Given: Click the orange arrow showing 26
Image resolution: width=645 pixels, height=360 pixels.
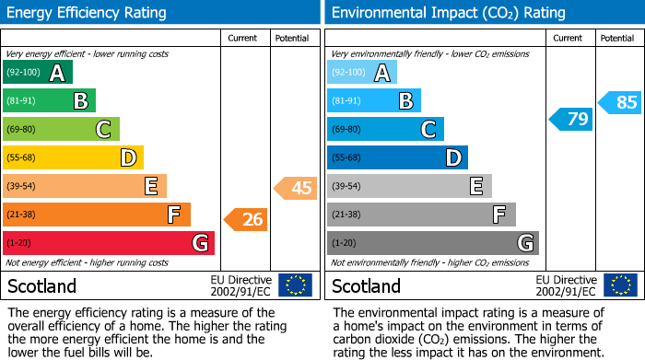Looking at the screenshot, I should [x=246, y=219].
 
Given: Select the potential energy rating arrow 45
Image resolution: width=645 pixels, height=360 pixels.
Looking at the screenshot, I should [x=296, y=189].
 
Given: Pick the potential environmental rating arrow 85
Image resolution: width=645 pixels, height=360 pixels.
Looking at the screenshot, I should [x=620, y=102].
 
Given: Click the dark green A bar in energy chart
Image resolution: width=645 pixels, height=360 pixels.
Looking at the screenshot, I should [x=38, y=73].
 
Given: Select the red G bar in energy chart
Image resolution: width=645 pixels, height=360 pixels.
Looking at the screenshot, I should [x=109, y=243].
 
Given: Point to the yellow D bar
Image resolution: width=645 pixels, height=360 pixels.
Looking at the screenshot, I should [x=73, y=158].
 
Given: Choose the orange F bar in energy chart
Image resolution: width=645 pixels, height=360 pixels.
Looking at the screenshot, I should [x=97, y=215].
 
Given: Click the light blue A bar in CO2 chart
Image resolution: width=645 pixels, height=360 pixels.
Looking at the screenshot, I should [x=362, y=73].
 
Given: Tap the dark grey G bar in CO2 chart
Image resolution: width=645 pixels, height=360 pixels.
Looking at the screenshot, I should [x=432, y=243].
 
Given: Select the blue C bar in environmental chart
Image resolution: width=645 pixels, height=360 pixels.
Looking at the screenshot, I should [x=385, y=129].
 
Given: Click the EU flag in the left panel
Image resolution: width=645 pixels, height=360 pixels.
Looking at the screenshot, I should [x=295, y=285].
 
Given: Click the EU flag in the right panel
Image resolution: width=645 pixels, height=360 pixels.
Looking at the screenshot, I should [x=620, y=285].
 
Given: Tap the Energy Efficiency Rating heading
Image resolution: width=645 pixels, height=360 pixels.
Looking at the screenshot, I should [x=88, y=13].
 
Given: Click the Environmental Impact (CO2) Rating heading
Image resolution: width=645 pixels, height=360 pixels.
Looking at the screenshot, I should [x=448, y=13].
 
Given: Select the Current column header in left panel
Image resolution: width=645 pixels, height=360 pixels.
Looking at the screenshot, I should [x=244, y=38].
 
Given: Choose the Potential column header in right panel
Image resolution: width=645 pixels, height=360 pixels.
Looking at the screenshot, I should [x=616, y=38].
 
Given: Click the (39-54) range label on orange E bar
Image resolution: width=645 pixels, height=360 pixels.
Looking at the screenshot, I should [x=22, y=187].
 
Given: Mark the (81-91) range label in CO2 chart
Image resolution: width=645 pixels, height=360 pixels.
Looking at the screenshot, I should [x=346, y=101].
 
